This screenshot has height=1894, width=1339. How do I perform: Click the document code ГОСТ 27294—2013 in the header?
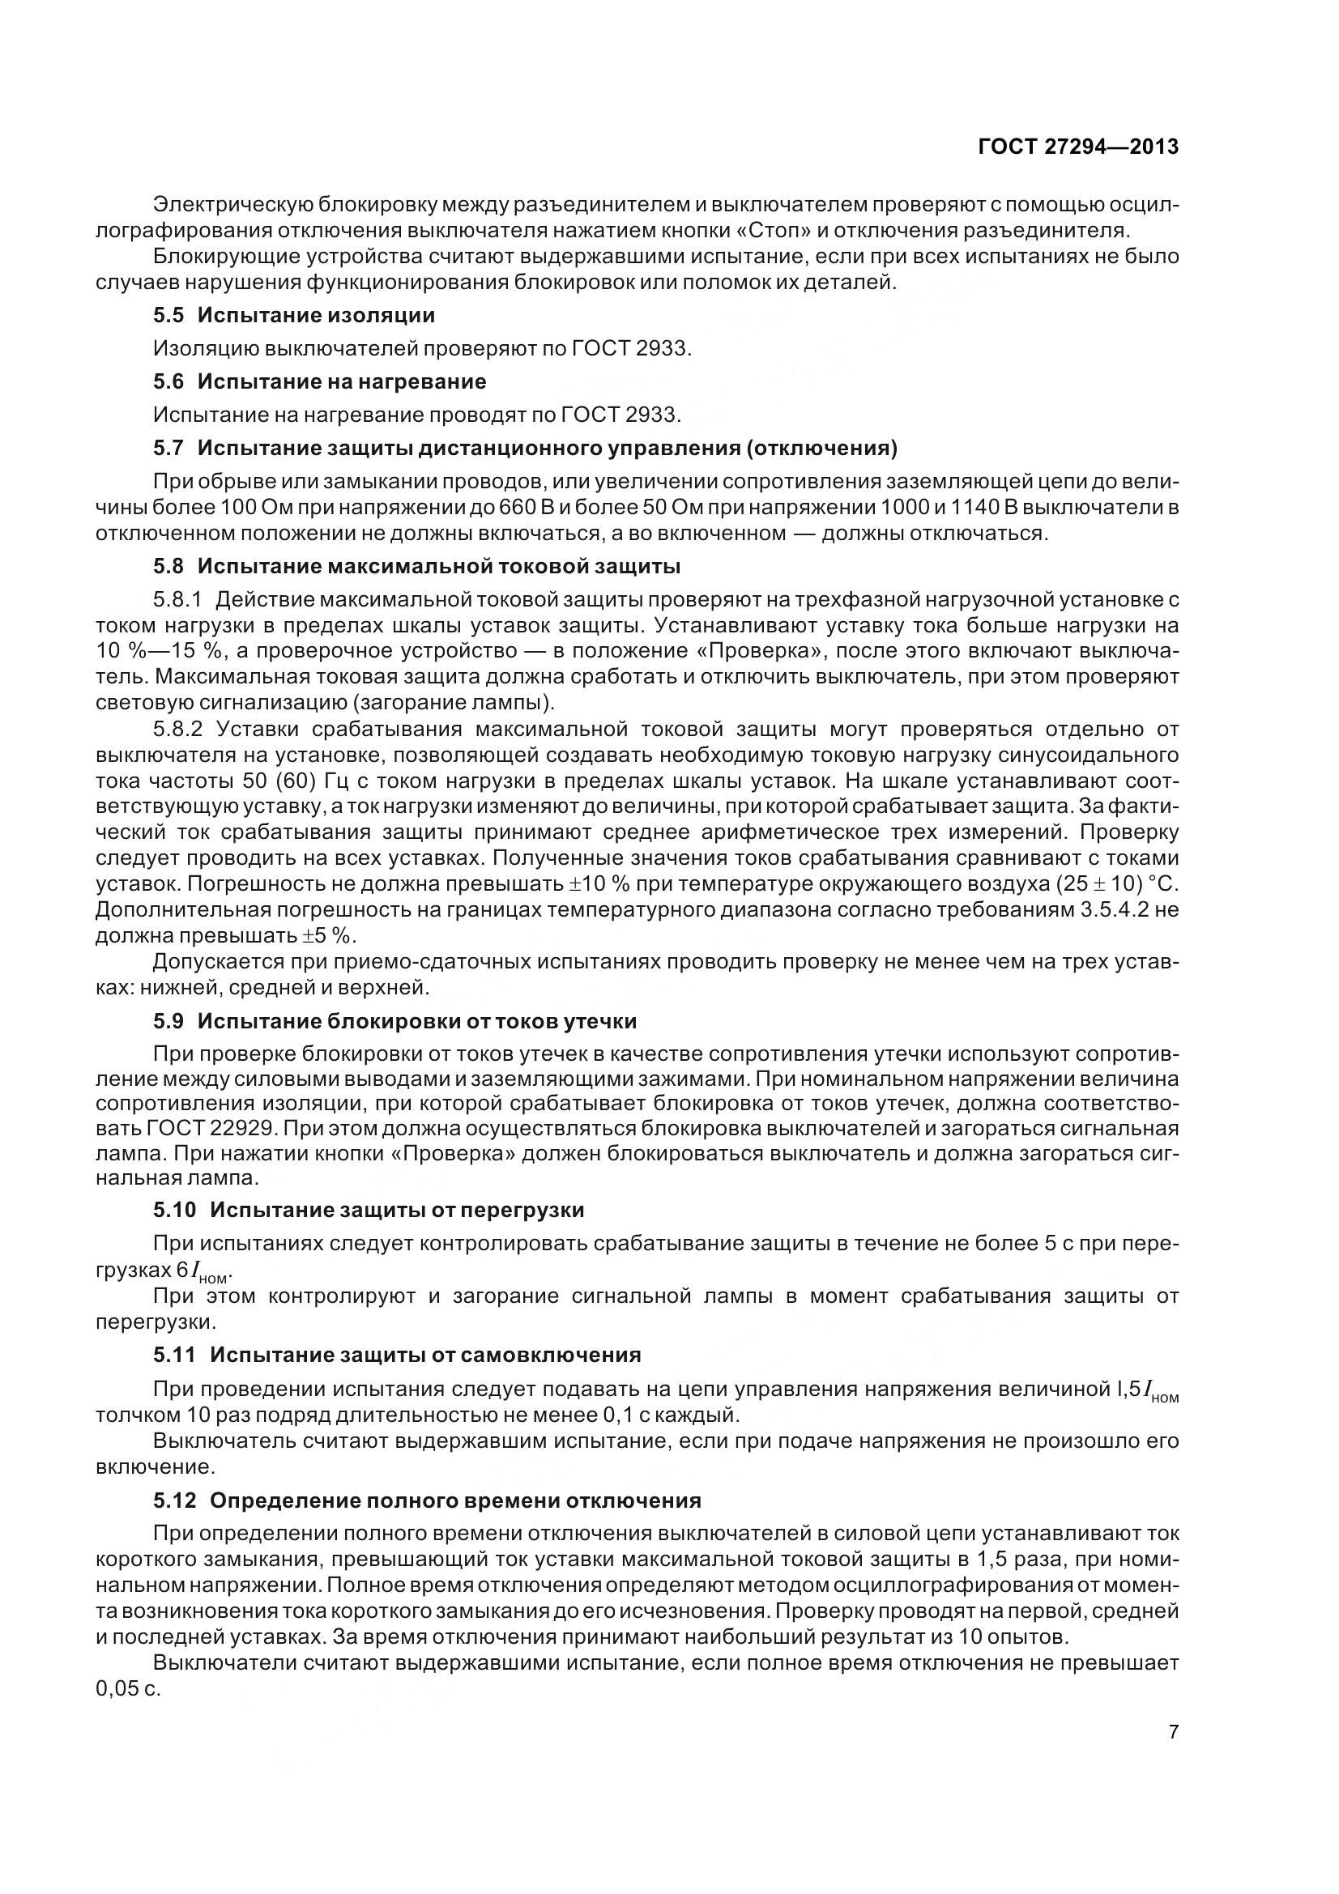(x=1077, y=147)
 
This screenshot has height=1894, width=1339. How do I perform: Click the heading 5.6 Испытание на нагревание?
(x=319, y=381)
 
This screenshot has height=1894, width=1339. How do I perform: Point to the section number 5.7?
(x=169, y=448)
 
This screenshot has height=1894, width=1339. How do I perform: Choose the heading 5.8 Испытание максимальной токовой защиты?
(x=416, y=566)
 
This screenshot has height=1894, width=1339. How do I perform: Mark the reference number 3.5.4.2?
(x=1102, y=910)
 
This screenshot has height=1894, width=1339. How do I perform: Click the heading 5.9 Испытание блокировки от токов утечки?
(x=394, y=1021)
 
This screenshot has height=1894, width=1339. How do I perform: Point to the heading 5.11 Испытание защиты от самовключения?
(x=397, y=1355)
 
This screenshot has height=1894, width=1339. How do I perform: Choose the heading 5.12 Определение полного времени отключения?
(x=427, y=1500)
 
